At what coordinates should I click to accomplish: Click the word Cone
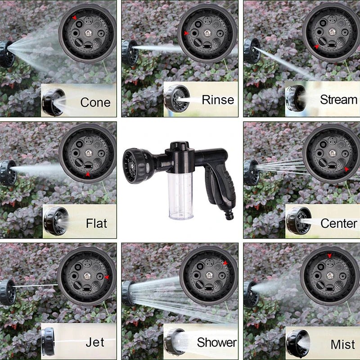click(x=95, y=102)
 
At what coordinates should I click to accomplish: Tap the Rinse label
click(x=218, y=99)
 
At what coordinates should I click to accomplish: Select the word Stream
click(x=338, y=99)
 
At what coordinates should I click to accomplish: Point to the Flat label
click(x=96, y=223)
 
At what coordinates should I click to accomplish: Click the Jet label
click(x=95, y=342)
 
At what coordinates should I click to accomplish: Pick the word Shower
click(x=216, y=342)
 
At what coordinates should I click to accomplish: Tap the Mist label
click(x=343, y=345)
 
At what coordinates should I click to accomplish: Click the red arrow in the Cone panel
click(x=75, y=18)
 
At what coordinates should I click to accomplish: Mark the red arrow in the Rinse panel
click(x=186, y=33)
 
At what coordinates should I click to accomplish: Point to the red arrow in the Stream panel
click(x=316, y=46)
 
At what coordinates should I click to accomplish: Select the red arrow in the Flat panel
click(x=88, y=174)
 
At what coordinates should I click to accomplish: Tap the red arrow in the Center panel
click(x=346, y=169)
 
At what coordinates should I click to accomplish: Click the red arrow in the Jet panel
click(x=106, y=277)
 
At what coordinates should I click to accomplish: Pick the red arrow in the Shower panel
click(x=225, y=263)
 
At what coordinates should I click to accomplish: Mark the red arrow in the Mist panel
click(x=330, y=256)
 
